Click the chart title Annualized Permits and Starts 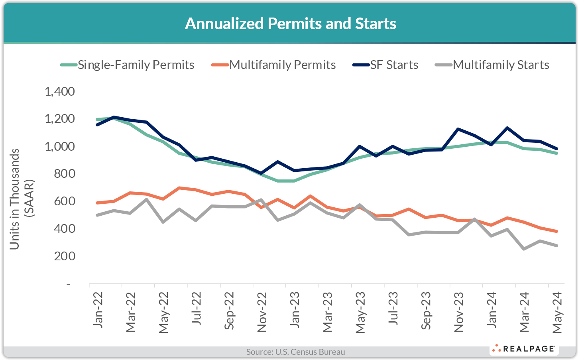click(290, 24)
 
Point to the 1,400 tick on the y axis click(60, 92)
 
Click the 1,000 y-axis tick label click(60, 146)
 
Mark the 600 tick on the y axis click(64, 201)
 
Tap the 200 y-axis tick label click(64, 256)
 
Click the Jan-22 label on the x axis click(98, 310)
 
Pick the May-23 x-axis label click(360, 312)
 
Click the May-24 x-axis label click(557, 312)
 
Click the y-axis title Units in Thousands click(15, 199)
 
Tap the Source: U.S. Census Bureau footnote click(295, 352)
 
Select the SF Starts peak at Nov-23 click(458, 129)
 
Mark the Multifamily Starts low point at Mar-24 click(524, 249)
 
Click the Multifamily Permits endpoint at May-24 click(556, 231)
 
